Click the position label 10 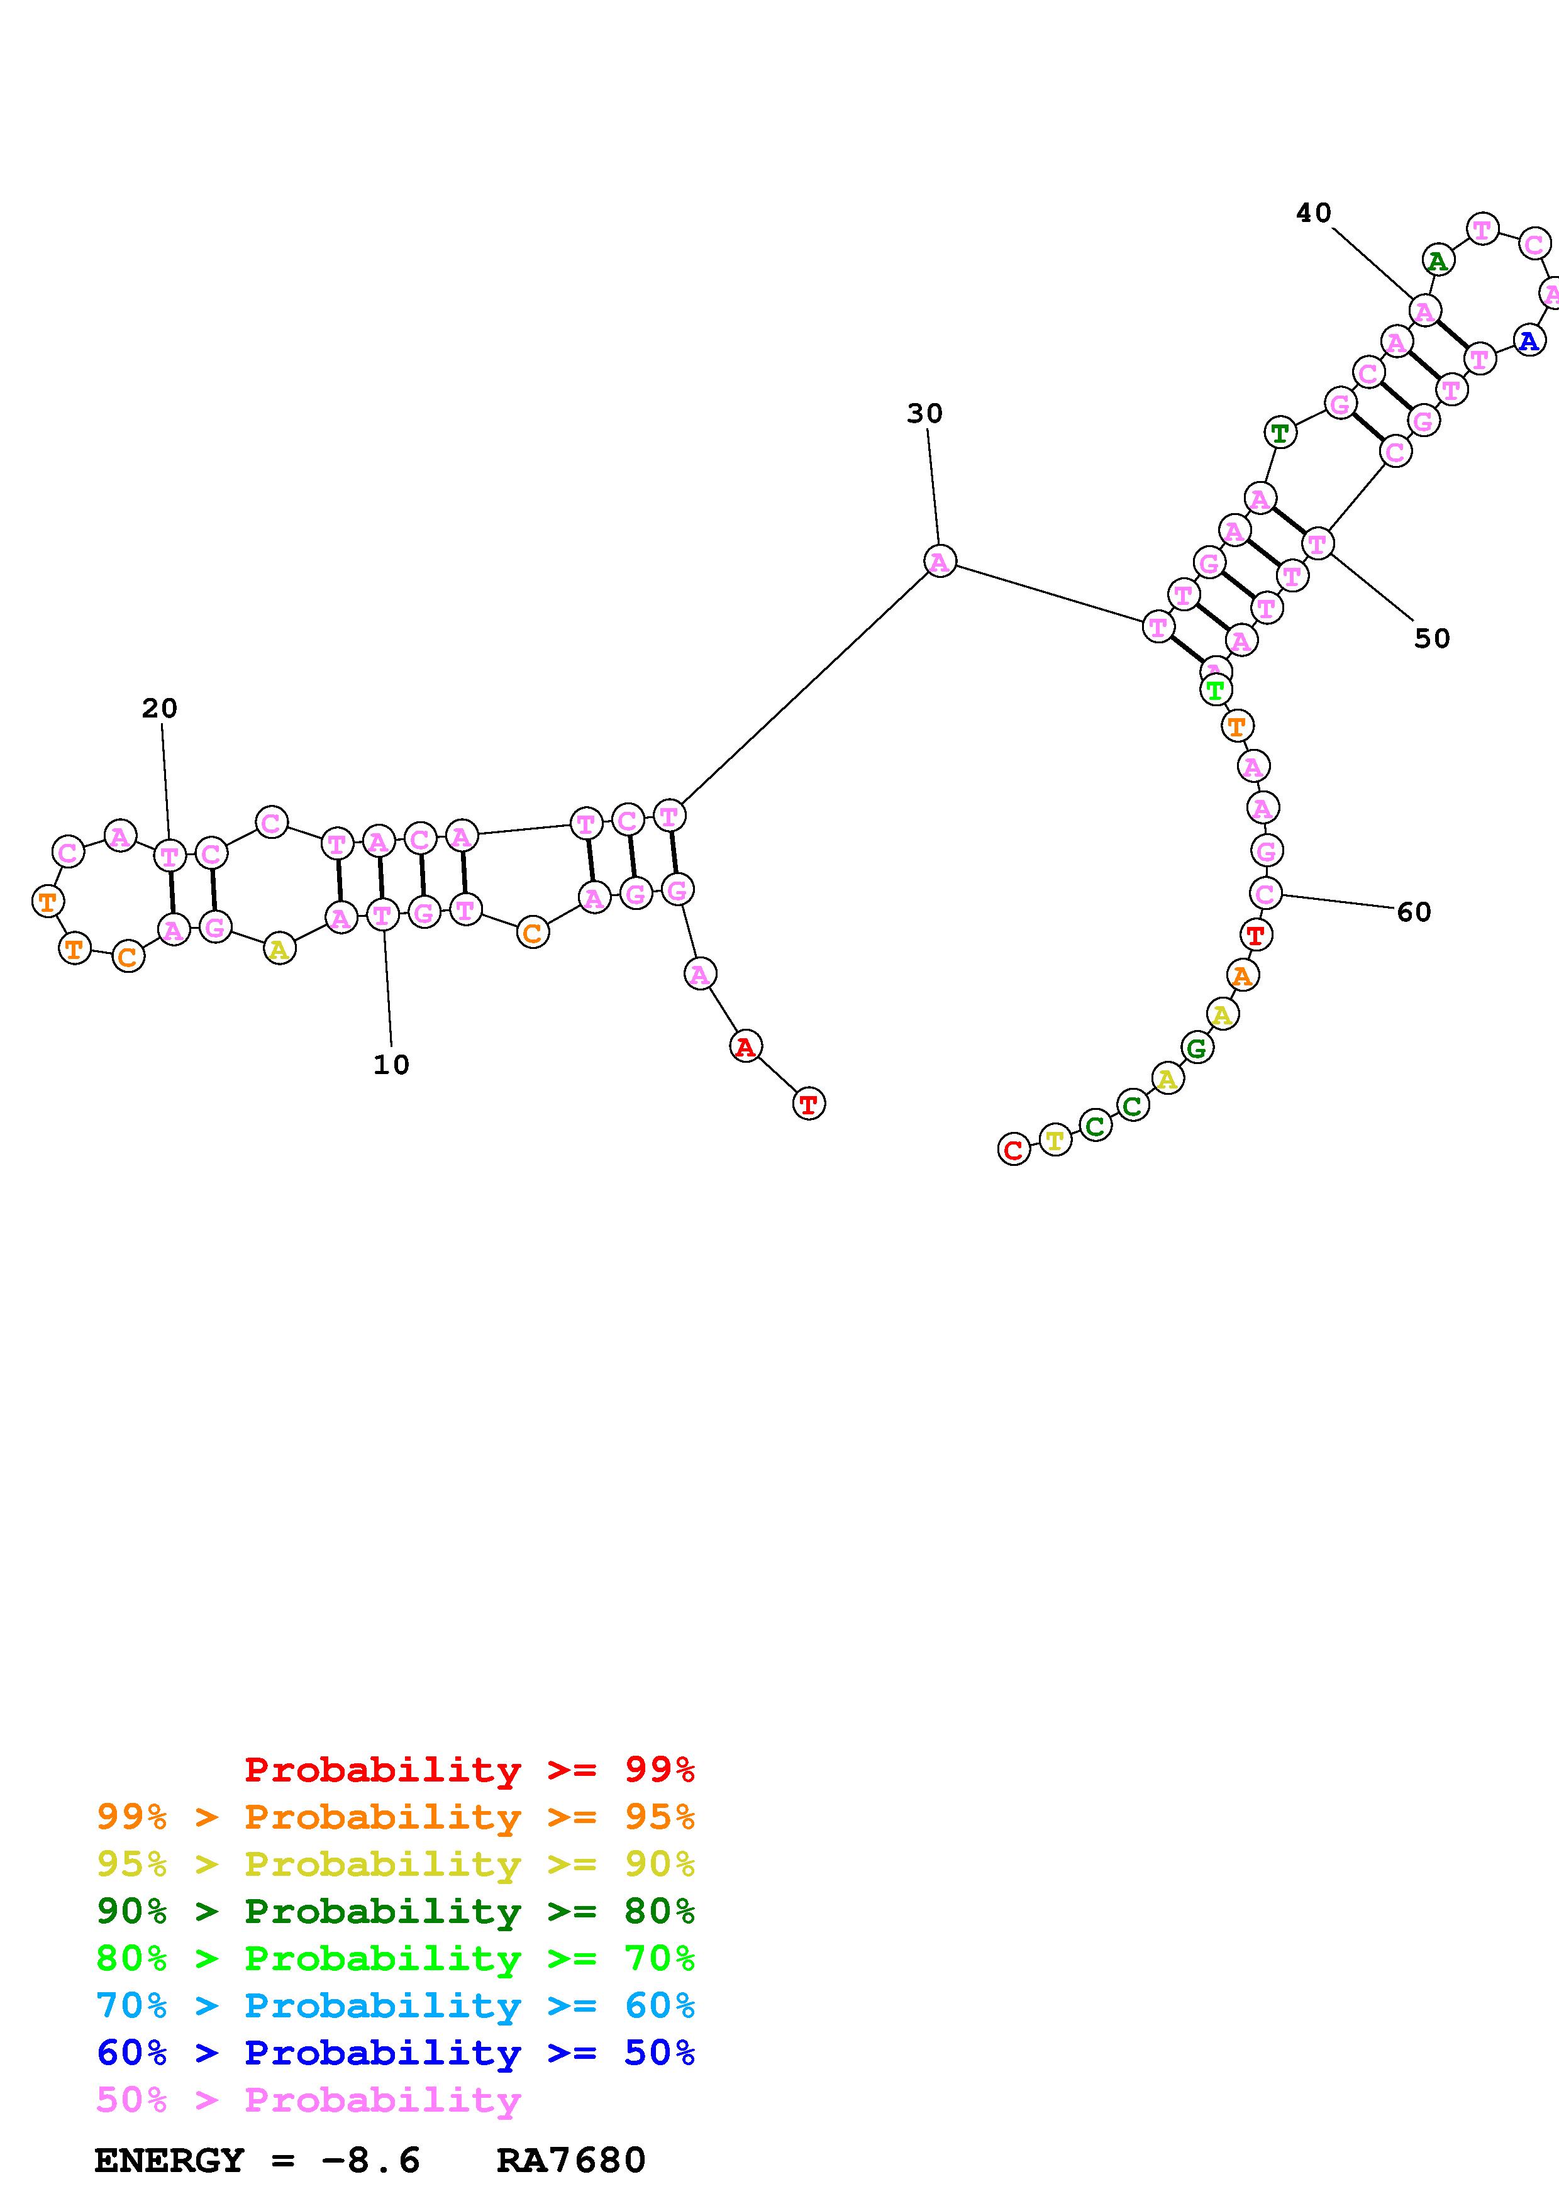point(391,1065)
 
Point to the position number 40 point(1313,213)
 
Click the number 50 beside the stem point(1431,638)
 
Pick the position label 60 point(1414,912)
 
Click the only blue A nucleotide point(1528,340)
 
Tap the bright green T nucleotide point(1216,690)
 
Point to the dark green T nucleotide point(1280,433)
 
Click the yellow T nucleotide point(1055,1141)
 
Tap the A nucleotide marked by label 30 point(940,561)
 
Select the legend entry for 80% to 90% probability point(396,1911)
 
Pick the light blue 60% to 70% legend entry point(396,2005)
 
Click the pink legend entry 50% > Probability point(309,2099)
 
